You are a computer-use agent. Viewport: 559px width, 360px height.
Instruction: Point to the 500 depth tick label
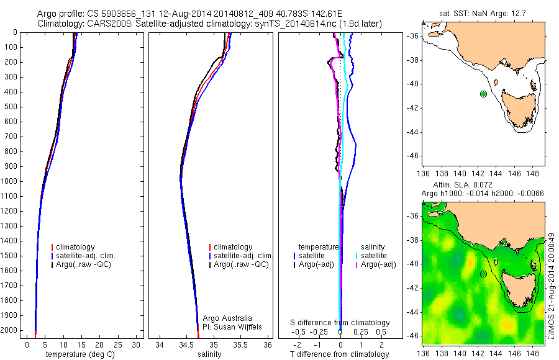click(11, 107)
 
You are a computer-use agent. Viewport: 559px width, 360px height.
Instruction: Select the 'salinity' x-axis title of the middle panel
click(208, 354)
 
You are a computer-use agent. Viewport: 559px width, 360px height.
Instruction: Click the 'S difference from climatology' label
click(340, 323)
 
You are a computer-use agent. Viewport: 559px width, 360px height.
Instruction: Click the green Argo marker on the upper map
click(483, 94)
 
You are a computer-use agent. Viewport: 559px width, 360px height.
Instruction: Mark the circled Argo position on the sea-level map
click(483, 274)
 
